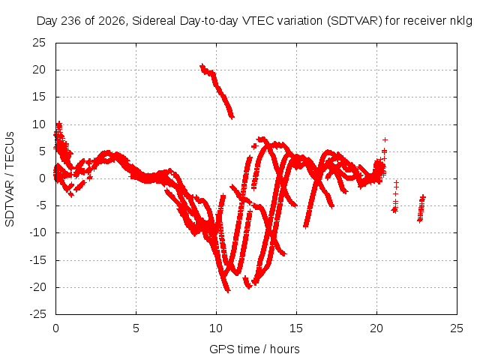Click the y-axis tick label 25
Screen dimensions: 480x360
39,43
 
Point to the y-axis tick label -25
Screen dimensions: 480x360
37,314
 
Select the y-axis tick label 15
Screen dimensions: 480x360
39,97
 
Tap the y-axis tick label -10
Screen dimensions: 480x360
37,233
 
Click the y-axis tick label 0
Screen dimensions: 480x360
42,178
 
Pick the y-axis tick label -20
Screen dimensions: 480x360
37,287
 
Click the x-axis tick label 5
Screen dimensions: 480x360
136,328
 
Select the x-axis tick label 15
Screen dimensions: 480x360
296,328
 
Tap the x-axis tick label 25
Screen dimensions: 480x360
457,328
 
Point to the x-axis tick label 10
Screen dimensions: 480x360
216,328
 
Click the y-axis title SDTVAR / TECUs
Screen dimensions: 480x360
10,179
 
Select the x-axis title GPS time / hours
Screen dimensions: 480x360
254,349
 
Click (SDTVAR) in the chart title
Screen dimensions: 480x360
355,21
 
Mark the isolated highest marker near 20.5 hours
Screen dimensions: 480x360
385,140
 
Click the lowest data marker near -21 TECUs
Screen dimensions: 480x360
227,290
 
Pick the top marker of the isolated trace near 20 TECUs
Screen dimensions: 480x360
202,65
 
